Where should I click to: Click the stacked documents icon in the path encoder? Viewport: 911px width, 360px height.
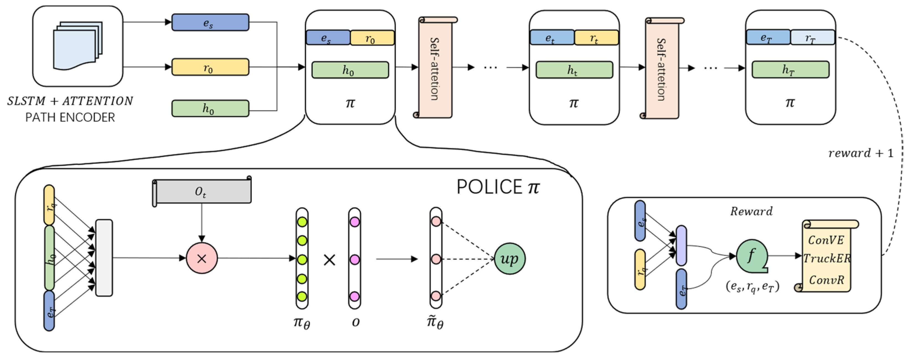tap(77, 46)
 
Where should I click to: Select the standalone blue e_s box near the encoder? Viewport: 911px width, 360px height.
tap(210, 22)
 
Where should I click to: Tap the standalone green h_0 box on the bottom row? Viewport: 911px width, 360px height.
tap(210, 108)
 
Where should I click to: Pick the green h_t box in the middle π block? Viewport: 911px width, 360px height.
tap(574, 70)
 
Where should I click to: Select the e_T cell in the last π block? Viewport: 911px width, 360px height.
tap(768, 37)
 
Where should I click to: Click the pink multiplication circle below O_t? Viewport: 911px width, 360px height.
tap(202, 258)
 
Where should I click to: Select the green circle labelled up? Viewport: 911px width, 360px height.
tap(509, 258)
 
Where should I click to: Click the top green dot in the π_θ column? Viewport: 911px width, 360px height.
tap(302, 222)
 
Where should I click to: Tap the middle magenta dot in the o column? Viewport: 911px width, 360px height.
tap(354, 259)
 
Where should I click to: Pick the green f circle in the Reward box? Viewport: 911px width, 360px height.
tap(751, 256)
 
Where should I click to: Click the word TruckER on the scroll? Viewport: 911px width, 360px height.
tap(826, 259)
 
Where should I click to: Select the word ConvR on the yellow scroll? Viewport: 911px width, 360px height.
tap(826, 280)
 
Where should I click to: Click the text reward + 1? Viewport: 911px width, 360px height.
tap(860, 153)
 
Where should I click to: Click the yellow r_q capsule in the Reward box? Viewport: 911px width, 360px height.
tap(640, 269)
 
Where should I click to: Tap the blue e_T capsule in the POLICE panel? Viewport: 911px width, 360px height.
tap(49, 310)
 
